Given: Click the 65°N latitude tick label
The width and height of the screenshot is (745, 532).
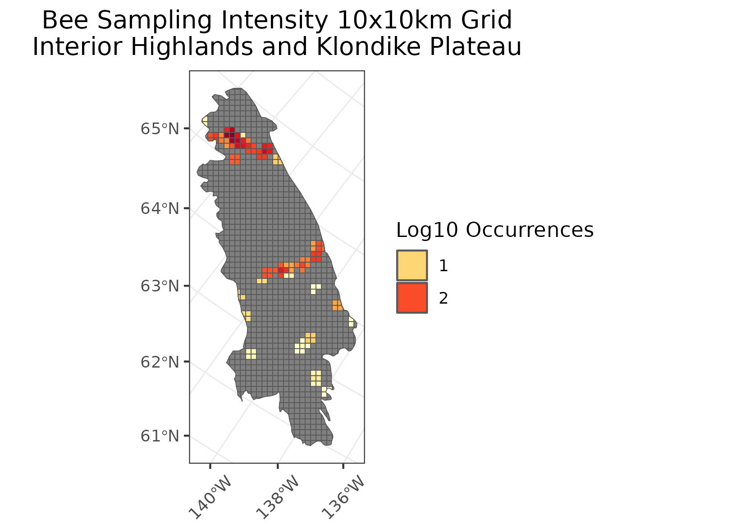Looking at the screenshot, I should coord(160,129).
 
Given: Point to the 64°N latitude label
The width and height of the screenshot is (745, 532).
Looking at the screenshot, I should coord(160,209).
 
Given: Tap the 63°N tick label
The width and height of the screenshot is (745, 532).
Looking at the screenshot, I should coord(160,286).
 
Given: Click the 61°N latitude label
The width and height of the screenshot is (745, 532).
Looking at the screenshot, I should coord(160,436).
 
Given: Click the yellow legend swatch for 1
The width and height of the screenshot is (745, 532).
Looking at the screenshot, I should coord(412,265).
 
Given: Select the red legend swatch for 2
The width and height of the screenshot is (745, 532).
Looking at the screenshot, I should coord(412,298).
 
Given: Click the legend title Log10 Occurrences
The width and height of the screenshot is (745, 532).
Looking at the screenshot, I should coord(494,230).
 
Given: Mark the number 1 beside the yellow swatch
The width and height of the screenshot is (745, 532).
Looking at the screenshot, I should coord(443,266).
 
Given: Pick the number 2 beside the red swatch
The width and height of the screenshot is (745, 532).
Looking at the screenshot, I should coord(443,298).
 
